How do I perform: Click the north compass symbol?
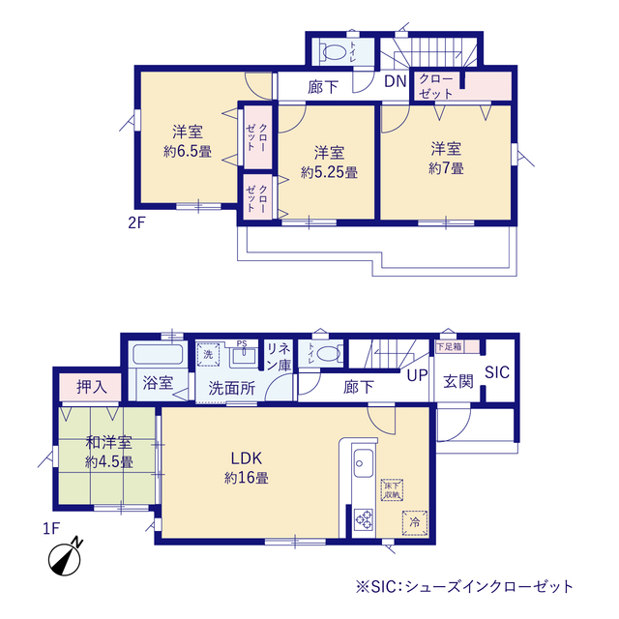pyautogui.click(x=65, y=558)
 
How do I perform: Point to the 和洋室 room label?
pyautogui.click(x=108, y=443)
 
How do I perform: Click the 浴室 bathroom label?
pyautogui.click(x=158, y=381)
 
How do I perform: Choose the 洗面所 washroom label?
pyautogui.click(x=232, y=389)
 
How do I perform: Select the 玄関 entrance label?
pyautogui.click(x=457, y=381)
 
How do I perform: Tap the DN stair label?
pyautogui.click(x=395, y=81)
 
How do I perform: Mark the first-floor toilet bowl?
pyautogui.click(x=326, y=353)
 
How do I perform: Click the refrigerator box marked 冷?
pyautogui.click(x=413, y=521)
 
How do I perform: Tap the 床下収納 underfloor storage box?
pyautogui.click(x=392, y=488)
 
